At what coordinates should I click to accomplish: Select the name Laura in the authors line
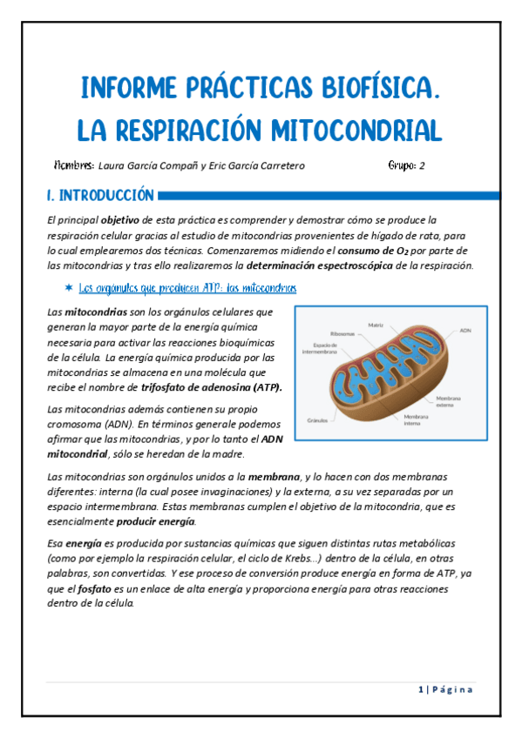(115, 166)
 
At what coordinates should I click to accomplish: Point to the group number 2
(422, 166)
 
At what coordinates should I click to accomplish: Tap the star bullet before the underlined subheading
(68, 287)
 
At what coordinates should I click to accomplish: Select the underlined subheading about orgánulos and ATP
(186, 287)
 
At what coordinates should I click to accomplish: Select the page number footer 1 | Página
(445, 690)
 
